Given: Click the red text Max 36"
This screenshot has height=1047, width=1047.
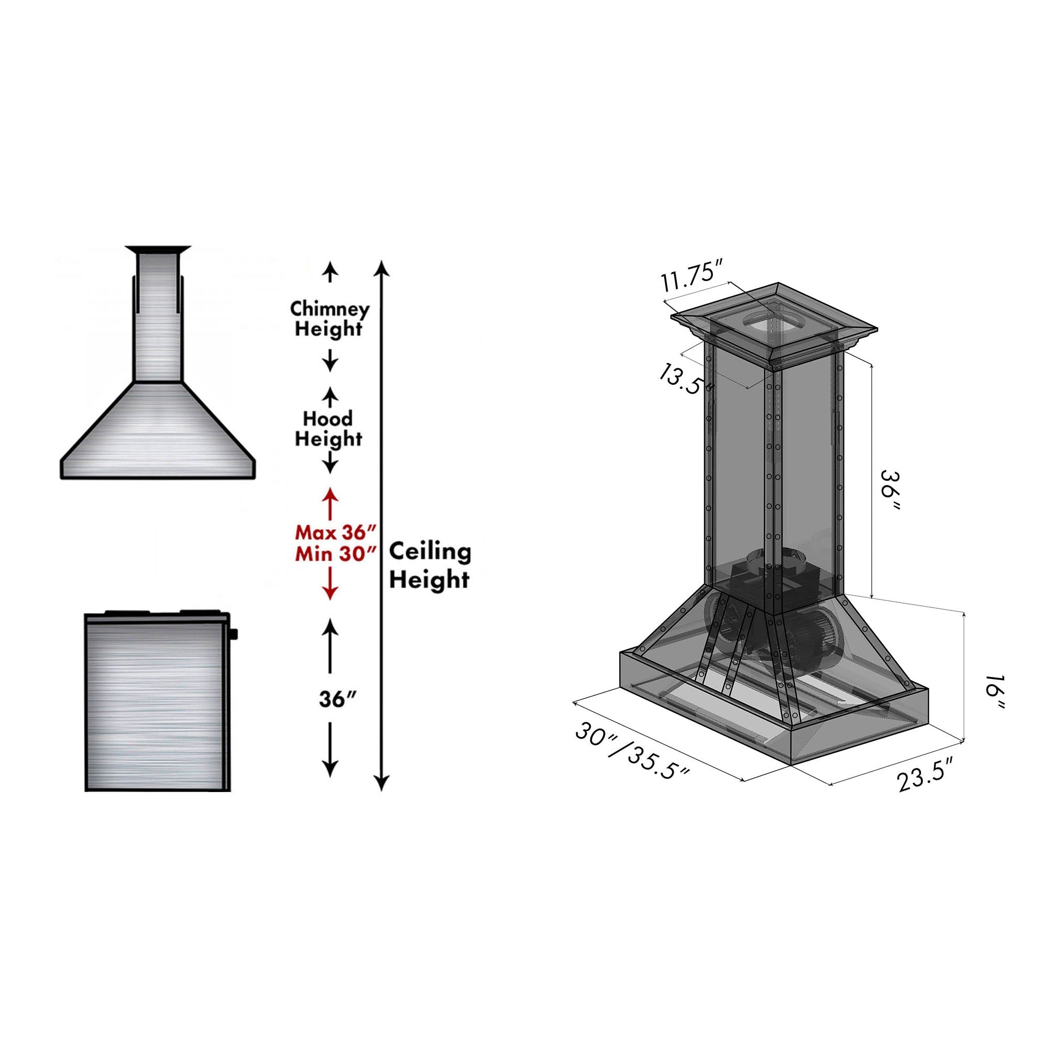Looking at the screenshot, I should [336, 532].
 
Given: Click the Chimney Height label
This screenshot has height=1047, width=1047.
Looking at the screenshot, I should [329, 319].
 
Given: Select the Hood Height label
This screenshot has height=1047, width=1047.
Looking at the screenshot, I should [328, 428].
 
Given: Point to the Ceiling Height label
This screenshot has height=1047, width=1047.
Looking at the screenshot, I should [430, 565].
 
